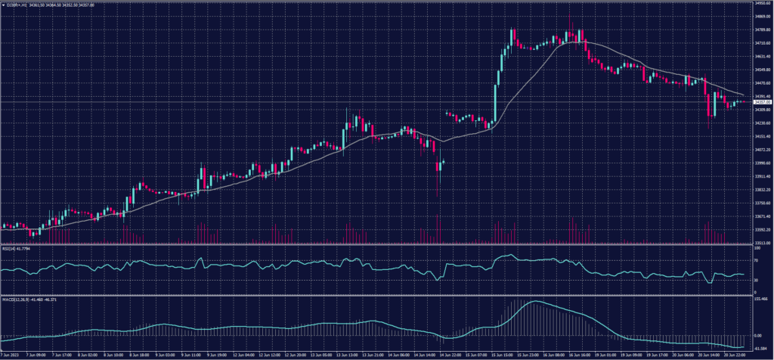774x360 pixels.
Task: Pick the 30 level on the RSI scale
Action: [755, 280]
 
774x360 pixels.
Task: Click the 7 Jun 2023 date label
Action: [11, 354]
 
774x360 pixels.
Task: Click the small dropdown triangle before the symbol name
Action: [3, 4]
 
